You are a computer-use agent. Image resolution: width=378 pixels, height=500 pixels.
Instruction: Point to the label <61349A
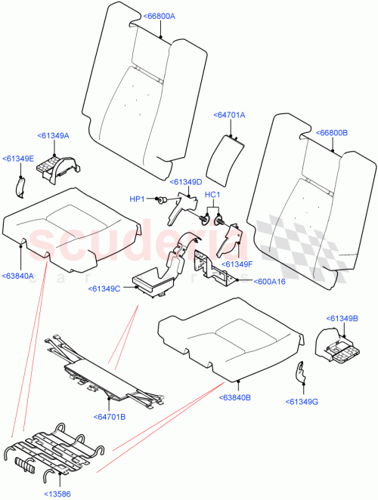coord(53,135)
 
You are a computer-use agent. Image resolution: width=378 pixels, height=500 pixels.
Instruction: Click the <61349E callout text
coord(18,159)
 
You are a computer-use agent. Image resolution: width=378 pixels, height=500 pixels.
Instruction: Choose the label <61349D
coord(187,182)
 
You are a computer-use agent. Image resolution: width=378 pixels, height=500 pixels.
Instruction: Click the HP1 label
coord(137,199)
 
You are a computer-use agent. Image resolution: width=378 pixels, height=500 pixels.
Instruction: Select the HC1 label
coord(212,194)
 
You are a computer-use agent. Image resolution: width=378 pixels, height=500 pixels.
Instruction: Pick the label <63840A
coord(18,276)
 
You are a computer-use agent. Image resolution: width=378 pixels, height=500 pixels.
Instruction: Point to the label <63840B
coord(235,397)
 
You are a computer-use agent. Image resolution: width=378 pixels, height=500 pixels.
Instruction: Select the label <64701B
coord(110,416)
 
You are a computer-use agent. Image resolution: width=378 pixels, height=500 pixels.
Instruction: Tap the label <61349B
coord(342,318)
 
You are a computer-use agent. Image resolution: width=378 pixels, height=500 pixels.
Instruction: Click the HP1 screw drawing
coord(160,200)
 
